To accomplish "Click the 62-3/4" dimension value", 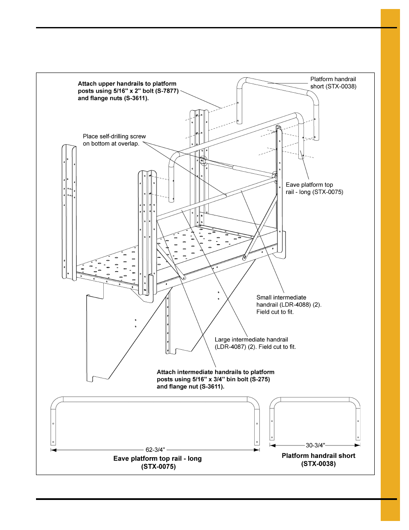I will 155,450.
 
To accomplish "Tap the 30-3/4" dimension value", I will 315,445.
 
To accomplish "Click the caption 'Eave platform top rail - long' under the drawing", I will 157,458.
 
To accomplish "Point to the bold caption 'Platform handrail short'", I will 318,456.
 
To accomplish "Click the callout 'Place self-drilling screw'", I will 114,136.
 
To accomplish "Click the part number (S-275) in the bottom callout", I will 260,379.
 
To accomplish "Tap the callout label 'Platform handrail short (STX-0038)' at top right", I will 333,83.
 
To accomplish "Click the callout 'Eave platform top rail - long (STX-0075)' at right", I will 314,188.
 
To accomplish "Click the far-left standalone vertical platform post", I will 69,212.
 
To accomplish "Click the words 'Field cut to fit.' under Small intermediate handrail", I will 275,312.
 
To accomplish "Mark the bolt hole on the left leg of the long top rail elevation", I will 53,424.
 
